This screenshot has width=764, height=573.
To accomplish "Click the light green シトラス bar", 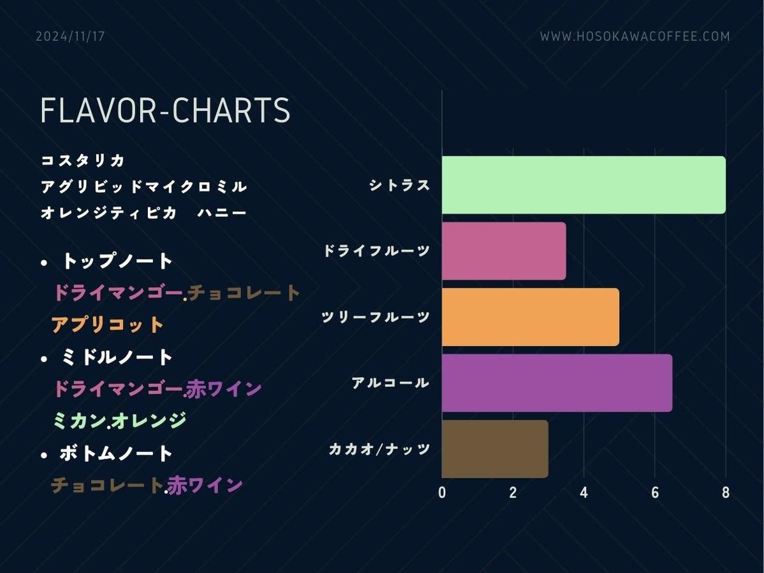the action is coord(584,185).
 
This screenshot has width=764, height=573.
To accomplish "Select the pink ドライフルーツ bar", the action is coord(504,251).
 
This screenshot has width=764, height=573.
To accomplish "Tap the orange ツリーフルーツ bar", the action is coord(531,317).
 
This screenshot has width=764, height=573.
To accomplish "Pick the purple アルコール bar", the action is coord(557,383).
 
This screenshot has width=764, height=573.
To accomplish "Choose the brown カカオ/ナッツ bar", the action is coord(495,449).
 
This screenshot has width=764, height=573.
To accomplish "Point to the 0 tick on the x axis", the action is coord(442,493).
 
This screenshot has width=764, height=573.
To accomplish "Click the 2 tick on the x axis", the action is coord(513,493).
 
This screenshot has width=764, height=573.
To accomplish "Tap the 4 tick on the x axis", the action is coord(584,493).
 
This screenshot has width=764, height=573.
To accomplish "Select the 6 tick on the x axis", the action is coord(655,493).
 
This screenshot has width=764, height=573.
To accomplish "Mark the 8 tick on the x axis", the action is coord(726,493).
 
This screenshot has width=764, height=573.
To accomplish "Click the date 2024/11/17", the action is coord(71,36).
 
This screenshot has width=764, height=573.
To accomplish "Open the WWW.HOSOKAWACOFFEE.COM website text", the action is coord(635,36).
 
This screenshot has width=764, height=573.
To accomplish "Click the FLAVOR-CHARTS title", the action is coord(165,110).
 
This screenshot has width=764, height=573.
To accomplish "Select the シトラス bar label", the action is coord(400,185).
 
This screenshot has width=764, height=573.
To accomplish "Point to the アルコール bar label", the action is coord(391,383).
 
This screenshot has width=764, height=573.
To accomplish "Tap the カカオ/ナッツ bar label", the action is coord(379,449).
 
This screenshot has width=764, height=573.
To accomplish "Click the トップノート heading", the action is coord(117,261).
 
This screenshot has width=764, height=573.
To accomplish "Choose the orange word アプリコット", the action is coord(107,325).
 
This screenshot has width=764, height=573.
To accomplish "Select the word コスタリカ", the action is coord(83,160).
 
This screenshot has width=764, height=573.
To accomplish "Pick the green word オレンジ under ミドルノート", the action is coord(149,420).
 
